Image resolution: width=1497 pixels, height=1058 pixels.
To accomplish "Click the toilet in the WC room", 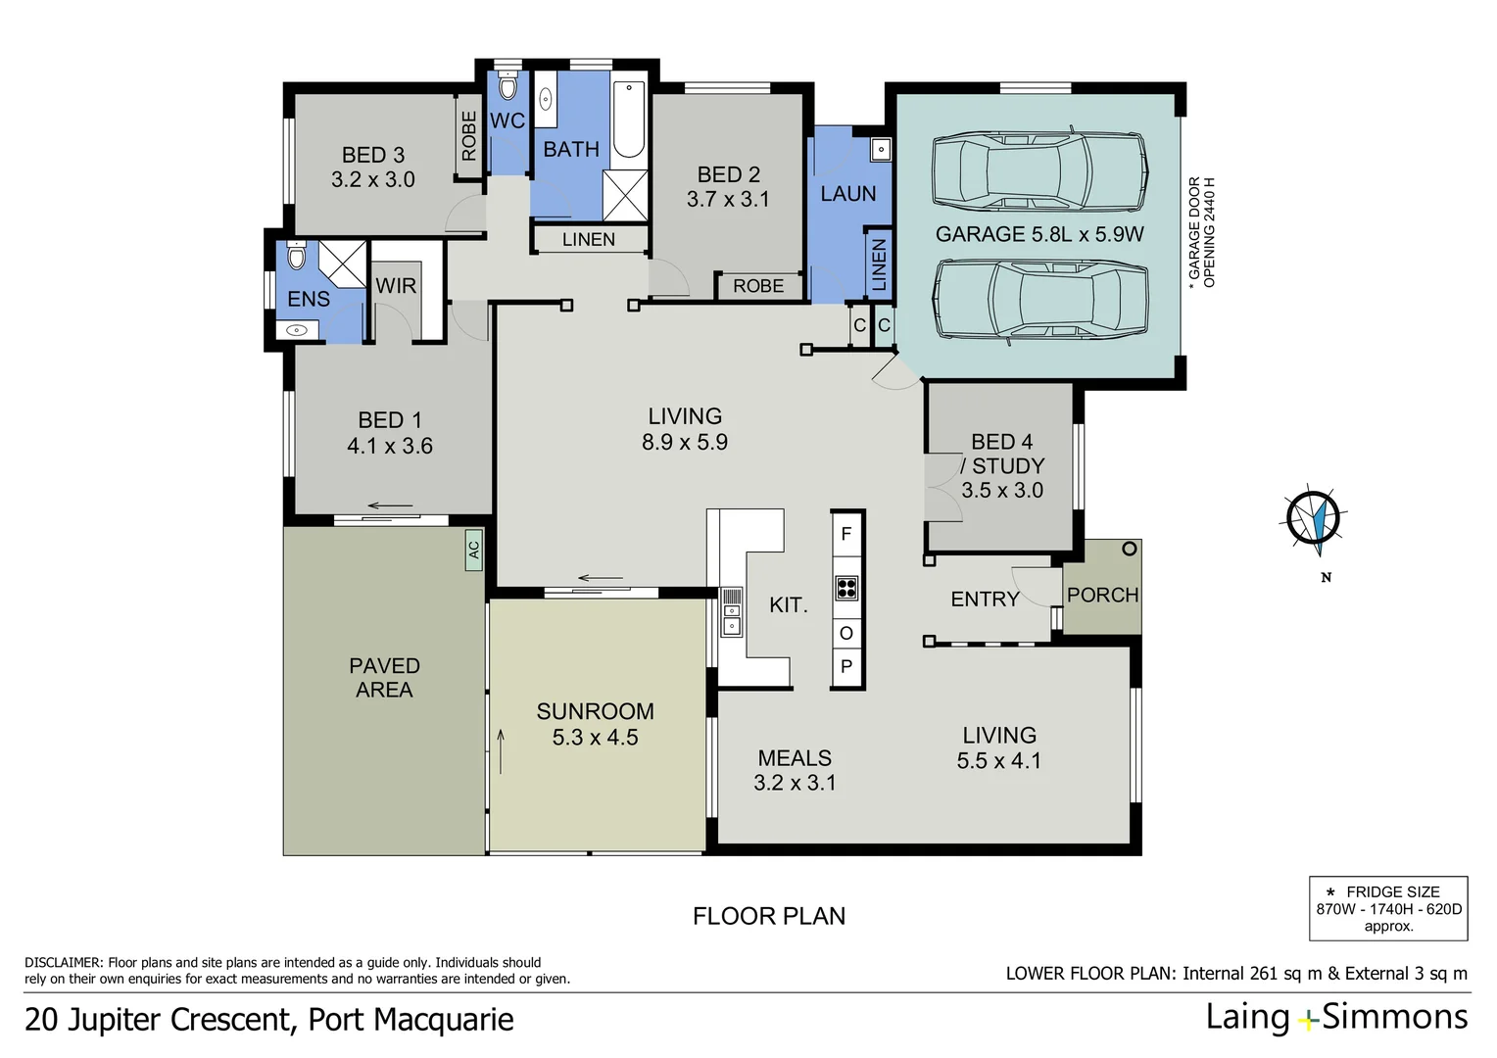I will (x=507, y=86).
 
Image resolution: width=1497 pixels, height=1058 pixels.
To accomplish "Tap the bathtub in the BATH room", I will (x=628, y=120).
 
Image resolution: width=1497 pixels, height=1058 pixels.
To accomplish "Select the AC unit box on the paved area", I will (x=474, y=550).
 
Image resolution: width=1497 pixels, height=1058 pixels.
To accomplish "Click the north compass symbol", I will (x=1313, y=517).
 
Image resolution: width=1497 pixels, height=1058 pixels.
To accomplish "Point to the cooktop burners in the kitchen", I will (x=846, y=588).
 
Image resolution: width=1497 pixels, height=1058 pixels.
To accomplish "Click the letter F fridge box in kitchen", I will (x=846, y=534).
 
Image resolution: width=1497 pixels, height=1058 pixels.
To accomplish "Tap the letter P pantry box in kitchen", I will (x=846, y=666).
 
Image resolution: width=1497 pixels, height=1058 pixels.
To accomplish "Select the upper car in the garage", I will (x=1039, y=170).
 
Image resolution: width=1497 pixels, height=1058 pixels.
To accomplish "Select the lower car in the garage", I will (x=1039, y=299).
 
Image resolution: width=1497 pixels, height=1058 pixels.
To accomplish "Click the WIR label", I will (x=396, y=286).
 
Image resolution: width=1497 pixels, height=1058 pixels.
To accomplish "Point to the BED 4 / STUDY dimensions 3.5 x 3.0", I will (x=1002, y=490).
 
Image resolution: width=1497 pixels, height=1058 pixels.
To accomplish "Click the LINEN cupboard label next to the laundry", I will (x=879, y=264).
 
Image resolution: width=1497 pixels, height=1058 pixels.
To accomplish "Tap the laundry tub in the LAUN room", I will (x=881, y=150).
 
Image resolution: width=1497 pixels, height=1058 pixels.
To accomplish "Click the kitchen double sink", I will (x=731, y=611).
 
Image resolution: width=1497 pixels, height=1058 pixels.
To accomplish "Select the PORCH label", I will (x=1102, y=595).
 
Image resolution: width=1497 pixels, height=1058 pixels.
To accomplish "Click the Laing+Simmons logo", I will (x=1336, y=1017).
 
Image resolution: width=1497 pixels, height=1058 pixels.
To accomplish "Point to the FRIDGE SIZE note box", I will (x=1388, y=908).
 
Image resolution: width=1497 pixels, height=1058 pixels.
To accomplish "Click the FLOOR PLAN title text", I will (x=769, y=916).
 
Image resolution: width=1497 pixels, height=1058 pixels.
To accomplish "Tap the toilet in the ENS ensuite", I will (x=297, y=258).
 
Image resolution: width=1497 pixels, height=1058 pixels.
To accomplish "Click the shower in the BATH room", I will (x=625, y=194).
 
